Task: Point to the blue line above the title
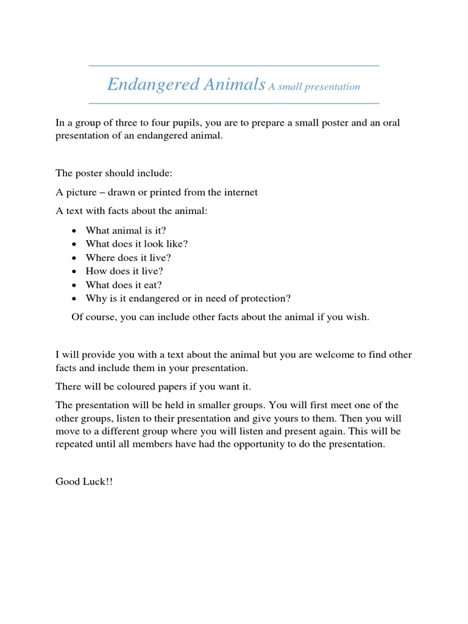pyautogui.click(x=234, y=66)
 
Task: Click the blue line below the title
pyautogui.click(x=234, y=104)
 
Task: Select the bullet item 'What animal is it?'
pyautogui.click(x=126, y=230)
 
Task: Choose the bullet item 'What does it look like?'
pyautogui.click(x=136, y=243)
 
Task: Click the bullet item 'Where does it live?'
pyautogui.click(x=128, y=257)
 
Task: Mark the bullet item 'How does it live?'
pyautogui.click(x=124, y=271)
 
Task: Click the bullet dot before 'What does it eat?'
pyautogui.click(x=74, y=285)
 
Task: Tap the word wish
pyautogui.click(x=357, y=317)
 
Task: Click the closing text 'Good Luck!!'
pyautogui.click(x=84, y=481)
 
